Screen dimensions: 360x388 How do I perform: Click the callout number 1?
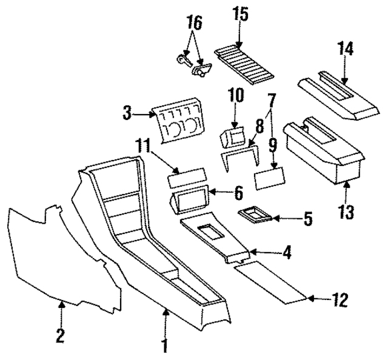click(x=164, y=346)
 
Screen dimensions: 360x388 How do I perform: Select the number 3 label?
click(x=127, y=113)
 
